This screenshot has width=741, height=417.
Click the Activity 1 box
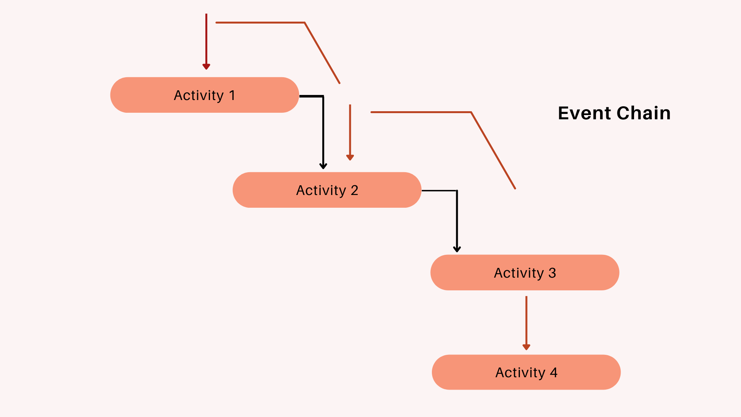205,95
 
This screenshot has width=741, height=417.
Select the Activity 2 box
327,190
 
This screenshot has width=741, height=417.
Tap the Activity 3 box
525,273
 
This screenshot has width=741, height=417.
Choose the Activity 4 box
526,372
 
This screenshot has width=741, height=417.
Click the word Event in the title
584,113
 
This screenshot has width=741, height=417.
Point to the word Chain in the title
643,113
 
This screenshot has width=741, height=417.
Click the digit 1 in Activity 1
232,95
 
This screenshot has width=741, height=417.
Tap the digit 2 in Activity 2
354,190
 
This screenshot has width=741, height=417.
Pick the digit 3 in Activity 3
552,273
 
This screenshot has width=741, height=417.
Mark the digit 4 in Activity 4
554,373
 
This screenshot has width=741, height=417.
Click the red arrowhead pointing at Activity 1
206,66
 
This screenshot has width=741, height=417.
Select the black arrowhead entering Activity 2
323,166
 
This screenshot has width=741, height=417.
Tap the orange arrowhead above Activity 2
350,157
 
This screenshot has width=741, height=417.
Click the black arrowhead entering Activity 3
457,249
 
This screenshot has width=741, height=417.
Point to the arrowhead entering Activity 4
526,347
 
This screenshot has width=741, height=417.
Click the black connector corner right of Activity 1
323,96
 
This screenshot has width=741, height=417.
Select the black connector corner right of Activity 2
457,191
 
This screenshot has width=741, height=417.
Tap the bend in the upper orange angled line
305,23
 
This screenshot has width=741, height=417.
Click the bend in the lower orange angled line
471,112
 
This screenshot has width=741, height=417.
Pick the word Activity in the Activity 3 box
519,273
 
